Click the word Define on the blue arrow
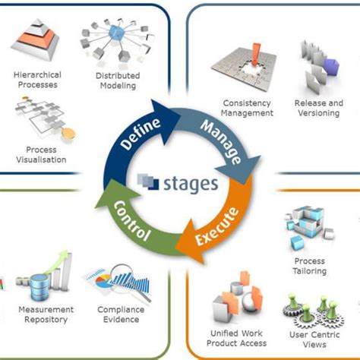[141, 137]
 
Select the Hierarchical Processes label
[37, 80]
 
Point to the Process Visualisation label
[41, 155]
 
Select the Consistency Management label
[248, 108]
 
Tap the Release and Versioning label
[318, 108]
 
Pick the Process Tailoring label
[309, 266]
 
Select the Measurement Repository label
[46, 314]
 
